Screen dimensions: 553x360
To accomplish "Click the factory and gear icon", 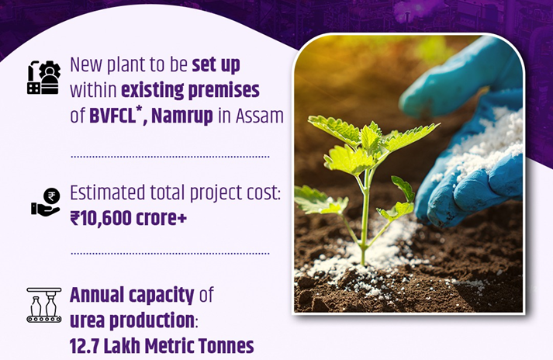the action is [43, 78].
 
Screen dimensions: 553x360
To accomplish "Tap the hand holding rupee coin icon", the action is [46, 202].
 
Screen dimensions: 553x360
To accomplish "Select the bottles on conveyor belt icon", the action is [44, 305].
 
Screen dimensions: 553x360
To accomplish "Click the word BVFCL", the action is [112, 116].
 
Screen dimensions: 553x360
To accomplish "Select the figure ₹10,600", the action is [101, 218].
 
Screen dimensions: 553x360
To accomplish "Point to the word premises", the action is [225, 92].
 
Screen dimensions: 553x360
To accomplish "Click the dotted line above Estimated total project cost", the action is [170, 157].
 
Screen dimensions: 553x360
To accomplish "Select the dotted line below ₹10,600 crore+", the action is [170, 254].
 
